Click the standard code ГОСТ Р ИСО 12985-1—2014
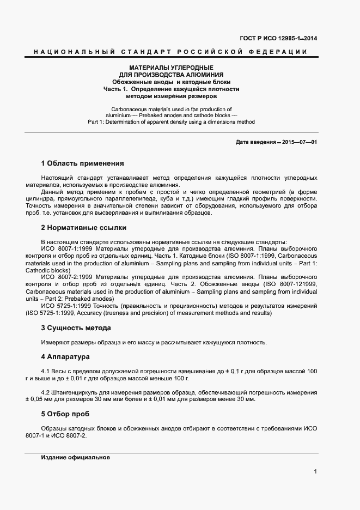(x=279, y=38)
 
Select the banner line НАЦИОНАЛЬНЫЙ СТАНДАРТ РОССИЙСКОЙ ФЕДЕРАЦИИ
(x=170, y=52)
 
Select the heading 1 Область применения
(x=82, y=163)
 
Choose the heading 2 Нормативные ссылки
(x=83, y=228)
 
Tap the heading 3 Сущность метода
(x=76, y=328)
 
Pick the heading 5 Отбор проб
(x=65, y=414)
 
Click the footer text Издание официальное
(x=76, y=458)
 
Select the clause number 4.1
(x=46, y=372)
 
